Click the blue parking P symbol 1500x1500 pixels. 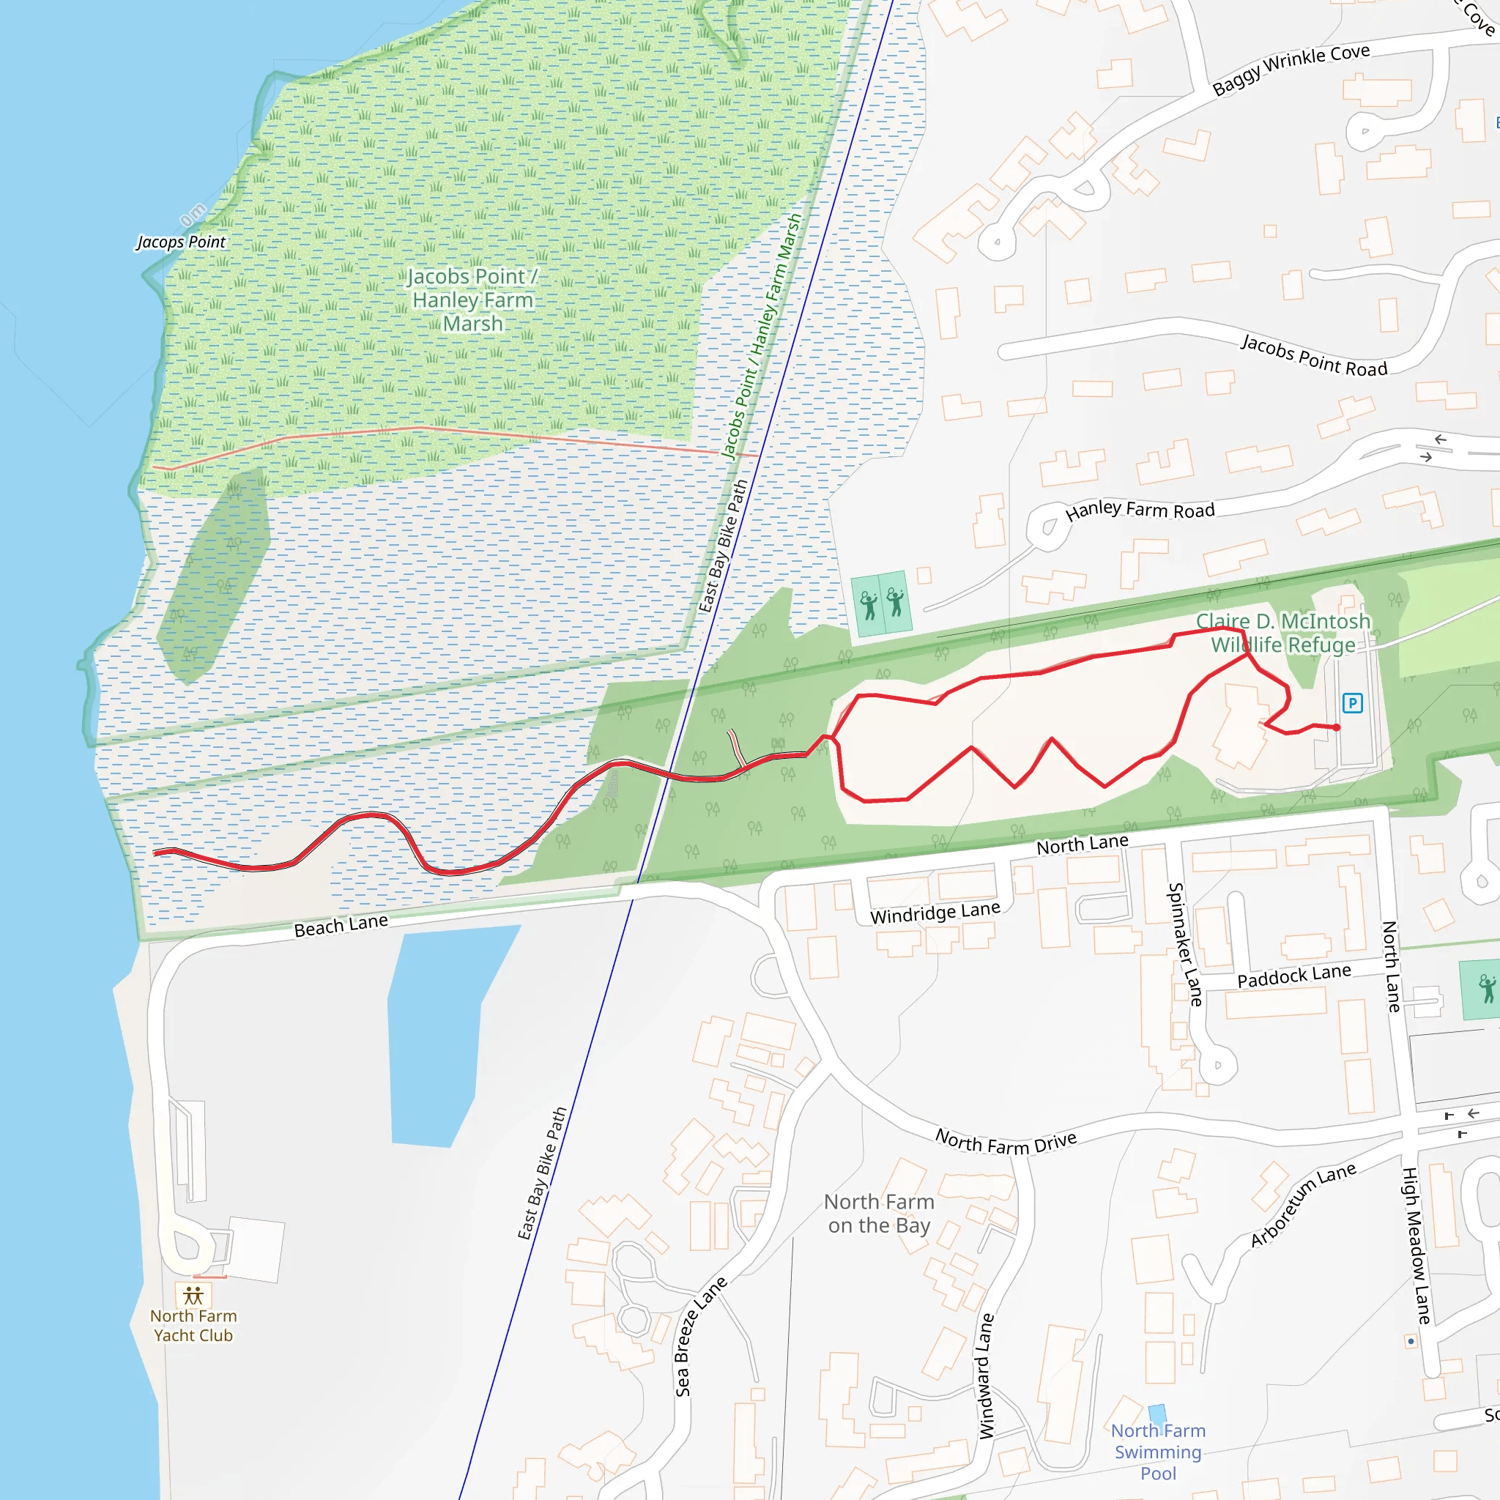pyautogui.click(x=1352, y=703)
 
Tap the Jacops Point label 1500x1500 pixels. pyautogui.click(x=181, y=242)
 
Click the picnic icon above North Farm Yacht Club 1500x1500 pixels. pyautogui.click(x=193, y=1296)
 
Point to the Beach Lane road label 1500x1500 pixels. pyautogui.click(x=341, y=926)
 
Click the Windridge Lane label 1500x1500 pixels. pyautogui.click(x=935, y=913)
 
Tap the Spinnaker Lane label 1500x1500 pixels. pyautogui.click(x=1186, y=944)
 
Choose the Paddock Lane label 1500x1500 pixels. pyautogui.click(x=1293, y=976)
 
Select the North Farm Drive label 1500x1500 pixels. pyautogui.click(x=1006, y=1142)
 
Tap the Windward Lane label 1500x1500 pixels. pyautogui.click(x=986, y=1375)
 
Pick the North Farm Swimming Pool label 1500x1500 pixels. pyautogui.click(x=1158, y=1451)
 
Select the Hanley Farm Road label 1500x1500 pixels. pyautogui.click(x=1139, y=510)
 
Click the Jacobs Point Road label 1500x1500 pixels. pyautogui.click(x=1314, y=355)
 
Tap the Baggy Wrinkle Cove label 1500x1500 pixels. pyautogui.click(x=1291, y=69)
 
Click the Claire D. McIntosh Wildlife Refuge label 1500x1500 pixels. pyautogui.click(x=1282, y=633)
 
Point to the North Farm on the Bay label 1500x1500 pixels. pyautogui.click(x=879, y=1214)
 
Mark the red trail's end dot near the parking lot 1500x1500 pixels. pyautogui.click(x=1337, y=727)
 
